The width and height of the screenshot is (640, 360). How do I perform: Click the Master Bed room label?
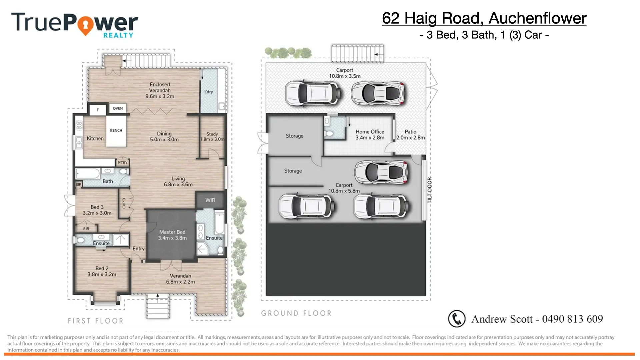172,235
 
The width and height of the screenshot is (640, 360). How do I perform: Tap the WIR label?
210,200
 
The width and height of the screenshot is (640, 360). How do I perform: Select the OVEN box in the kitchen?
118,108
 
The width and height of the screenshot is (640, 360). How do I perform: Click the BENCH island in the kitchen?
116,131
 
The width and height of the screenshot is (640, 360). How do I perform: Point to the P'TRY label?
122,163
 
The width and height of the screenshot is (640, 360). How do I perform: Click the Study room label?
212,136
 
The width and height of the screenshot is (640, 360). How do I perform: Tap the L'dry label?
209,92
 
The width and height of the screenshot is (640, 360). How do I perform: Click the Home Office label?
370,134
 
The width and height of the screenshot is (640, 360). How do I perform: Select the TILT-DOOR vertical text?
430,190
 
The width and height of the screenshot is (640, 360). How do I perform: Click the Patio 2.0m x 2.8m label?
410,134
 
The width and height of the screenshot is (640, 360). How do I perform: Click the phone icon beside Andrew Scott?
456,319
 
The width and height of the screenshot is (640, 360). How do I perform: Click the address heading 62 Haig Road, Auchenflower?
484,18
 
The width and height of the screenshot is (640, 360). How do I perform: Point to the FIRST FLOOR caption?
96,321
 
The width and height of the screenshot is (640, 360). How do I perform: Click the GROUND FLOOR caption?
296,313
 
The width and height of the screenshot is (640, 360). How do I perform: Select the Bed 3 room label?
97,210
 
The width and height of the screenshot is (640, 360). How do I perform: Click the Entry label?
138,249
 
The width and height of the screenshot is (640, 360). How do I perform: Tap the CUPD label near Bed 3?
124,203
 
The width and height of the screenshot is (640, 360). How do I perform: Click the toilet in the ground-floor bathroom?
329,133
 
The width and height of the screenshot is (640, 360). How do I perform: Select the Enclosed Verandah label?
160,90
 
